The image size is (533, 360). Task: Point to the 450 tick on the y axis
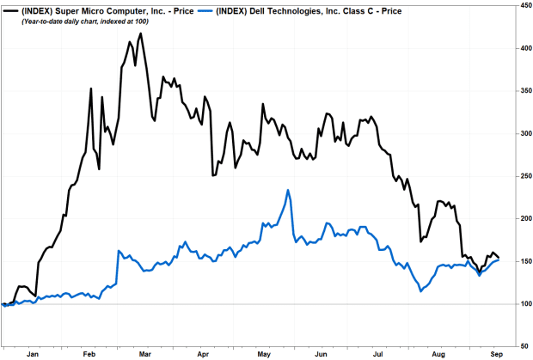[x=521, y=5]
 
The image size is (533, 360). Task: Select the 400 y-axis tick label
[x=521, y=48]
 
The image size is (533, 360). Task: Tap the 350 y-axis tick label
[x=521, y=90]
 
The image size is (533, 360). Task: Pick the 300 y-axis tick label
[x=521, y=133]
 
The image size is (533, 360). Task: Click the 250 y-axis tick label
[x=521, y=176]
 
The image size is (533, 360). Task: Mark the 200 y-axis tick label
[x=521, y=218]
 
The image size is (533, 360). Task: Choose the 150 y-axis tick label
[x=521, y=261]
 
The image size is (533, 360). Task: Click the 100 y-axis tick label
[x=521, y=304]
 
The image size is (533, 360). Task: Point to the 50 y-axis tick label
[x=521, y=346]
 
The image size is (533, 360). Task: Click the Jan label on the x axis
[x=34, y=353]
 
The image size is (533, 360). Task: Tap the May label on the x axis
[x=261, y=353]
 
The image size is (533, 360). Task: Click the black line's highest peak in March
[x=140, y=34]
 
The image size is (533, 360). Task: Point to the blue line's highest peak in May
[x=288, y=190]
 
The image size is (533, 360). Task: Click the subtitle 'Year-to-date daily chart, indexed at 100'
[x=74, y=21]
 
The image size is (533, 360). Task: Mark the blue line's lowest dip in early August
[x=420, y=291]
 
